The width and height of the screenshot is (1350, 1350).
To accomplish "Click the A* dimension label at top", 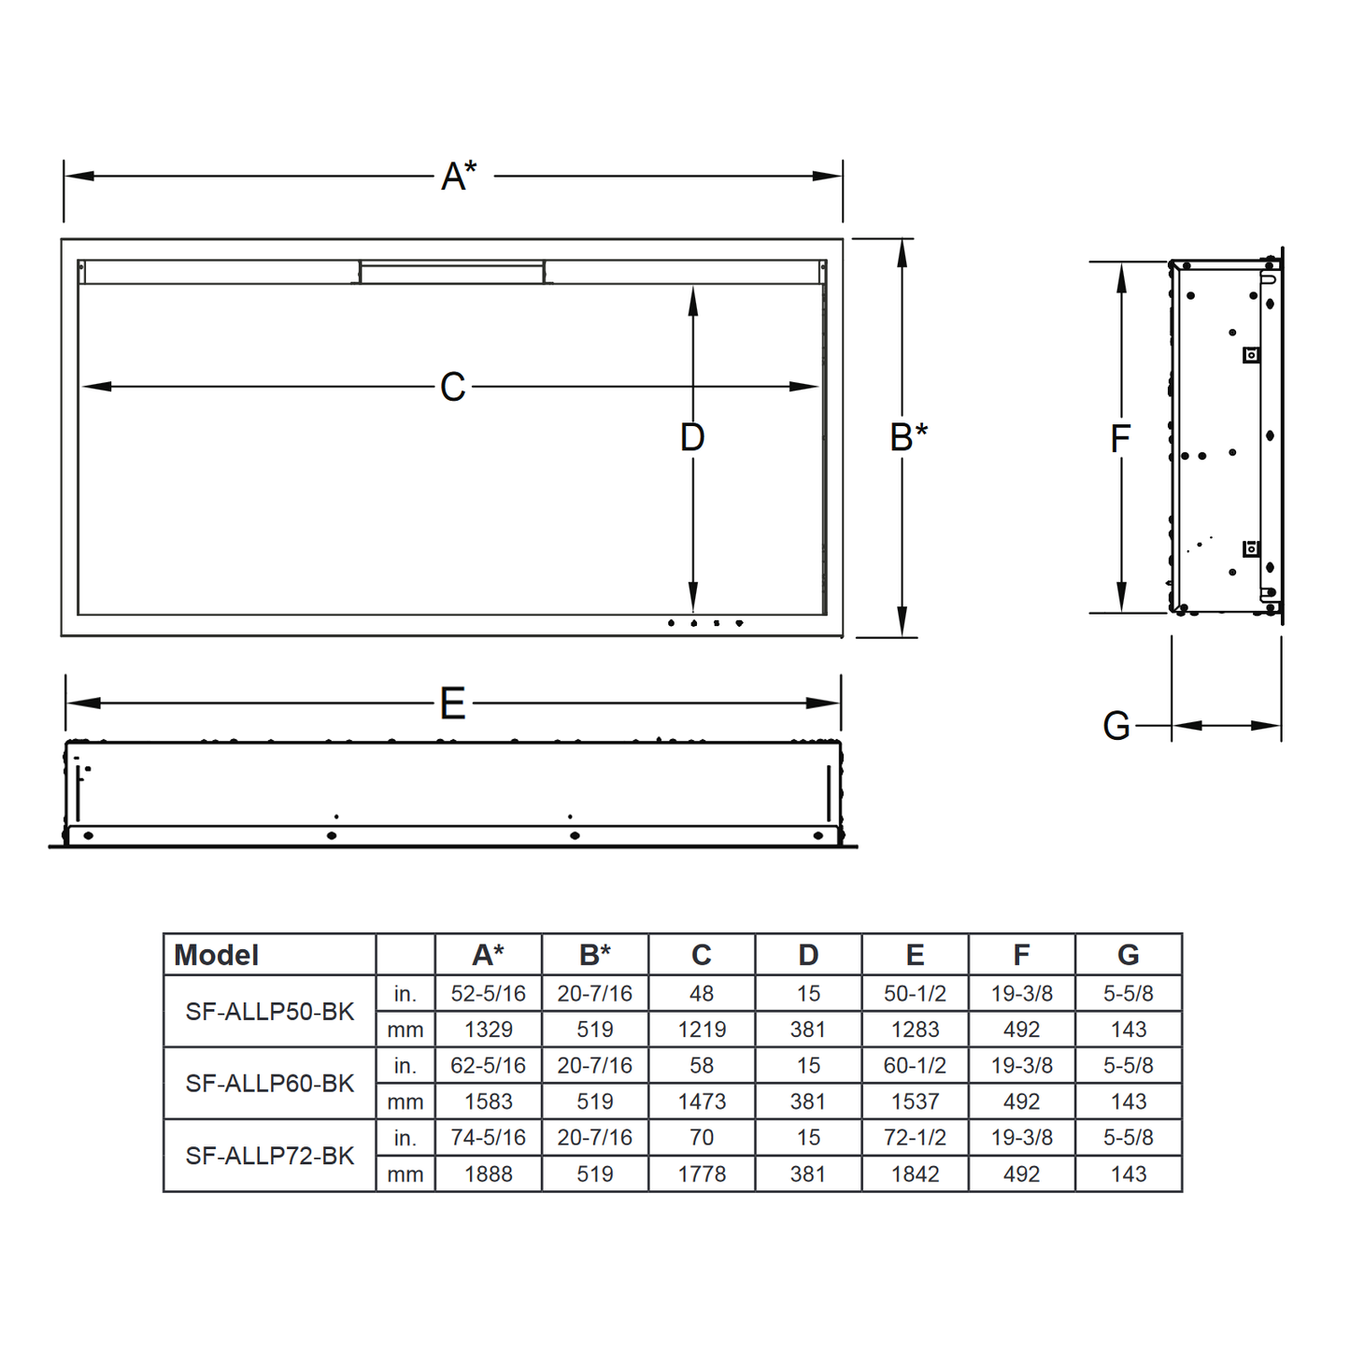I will (459, 175).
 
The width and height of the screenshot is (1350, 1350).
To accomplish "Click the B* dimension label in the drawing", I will (908, 436).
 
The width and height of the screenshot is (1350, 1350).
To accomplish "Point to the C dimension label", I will (453, 387).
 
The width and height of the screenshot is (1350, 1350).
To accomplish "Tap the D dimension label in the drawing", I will (692, 436).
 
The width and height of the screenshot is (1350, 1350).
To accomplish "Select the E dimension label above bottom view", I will (453, 703).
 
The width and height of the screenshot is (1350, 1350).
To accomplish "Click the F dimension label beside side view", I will (1120, 438).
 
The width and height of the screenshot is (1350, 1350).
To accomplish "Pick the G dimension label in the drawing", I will (1116, 726).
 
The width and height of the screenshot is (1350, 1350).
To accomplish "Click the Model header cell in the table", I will (217, 955).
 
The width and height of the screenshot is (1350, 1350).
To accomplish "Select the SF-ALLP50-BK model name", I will (270, 1012).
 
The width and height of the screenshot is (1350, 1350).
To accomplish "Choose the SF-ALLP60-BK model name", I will (270, 1084).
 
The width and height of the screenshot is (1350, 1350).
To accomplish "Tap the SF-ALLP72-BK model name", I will (270, 1156).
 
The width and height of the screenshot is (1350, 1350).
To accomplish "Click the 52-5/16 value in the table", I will (489, 994).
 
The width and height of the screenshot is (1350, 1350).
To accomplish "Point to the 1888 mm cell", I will (489, 1174).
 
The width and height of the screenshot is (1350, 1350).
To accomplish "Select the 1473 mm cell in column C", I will (702, 1101).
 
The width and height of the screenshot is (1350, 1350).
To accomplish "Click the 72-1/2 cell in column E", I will (915, 1138).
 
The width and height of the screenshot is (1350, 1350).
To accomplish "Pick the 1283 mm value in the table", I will (915, 1030).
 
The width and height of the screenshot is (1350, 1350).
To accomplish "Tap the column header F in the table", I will (1021, 955).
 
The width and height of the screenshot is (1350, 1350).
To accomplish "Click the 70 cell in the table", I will (702, 1138).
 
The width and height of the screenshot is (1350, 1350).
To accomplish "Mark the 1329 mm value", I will (489, 1030).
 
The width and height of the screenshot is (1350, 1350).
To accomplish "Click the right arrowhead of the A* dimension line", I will (829, 176).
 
